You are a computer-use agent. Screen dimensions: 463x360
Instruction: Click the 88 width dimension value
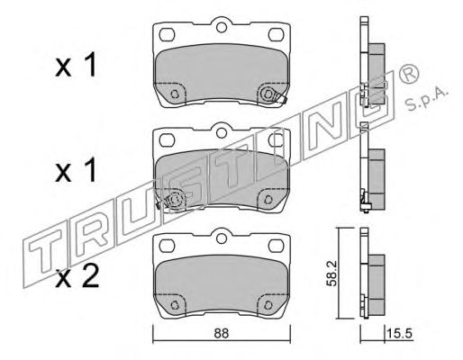[x=222, y=334]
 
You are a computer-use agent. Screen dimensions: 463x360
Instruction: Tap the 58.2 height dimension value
[x=331, y=274]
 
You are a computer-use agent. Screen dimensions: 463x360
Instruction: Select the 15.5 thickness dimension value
[x=400, y=334]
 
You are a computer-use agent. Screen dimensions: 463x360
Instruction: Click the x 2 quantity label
[x=77, y=277]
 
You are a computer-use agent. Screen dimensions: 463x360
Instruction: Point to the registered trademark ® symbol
[x=409, y=74]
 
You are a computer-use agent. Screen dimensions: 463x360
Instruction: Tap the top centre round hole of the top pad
[x=222, y=28]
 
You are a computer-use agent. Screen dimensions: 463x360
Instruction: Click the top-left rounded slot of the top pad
[x=167, y=35]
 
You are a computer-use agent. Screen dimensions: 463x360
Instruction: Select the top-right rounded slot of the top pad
[x=276, y=35]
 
